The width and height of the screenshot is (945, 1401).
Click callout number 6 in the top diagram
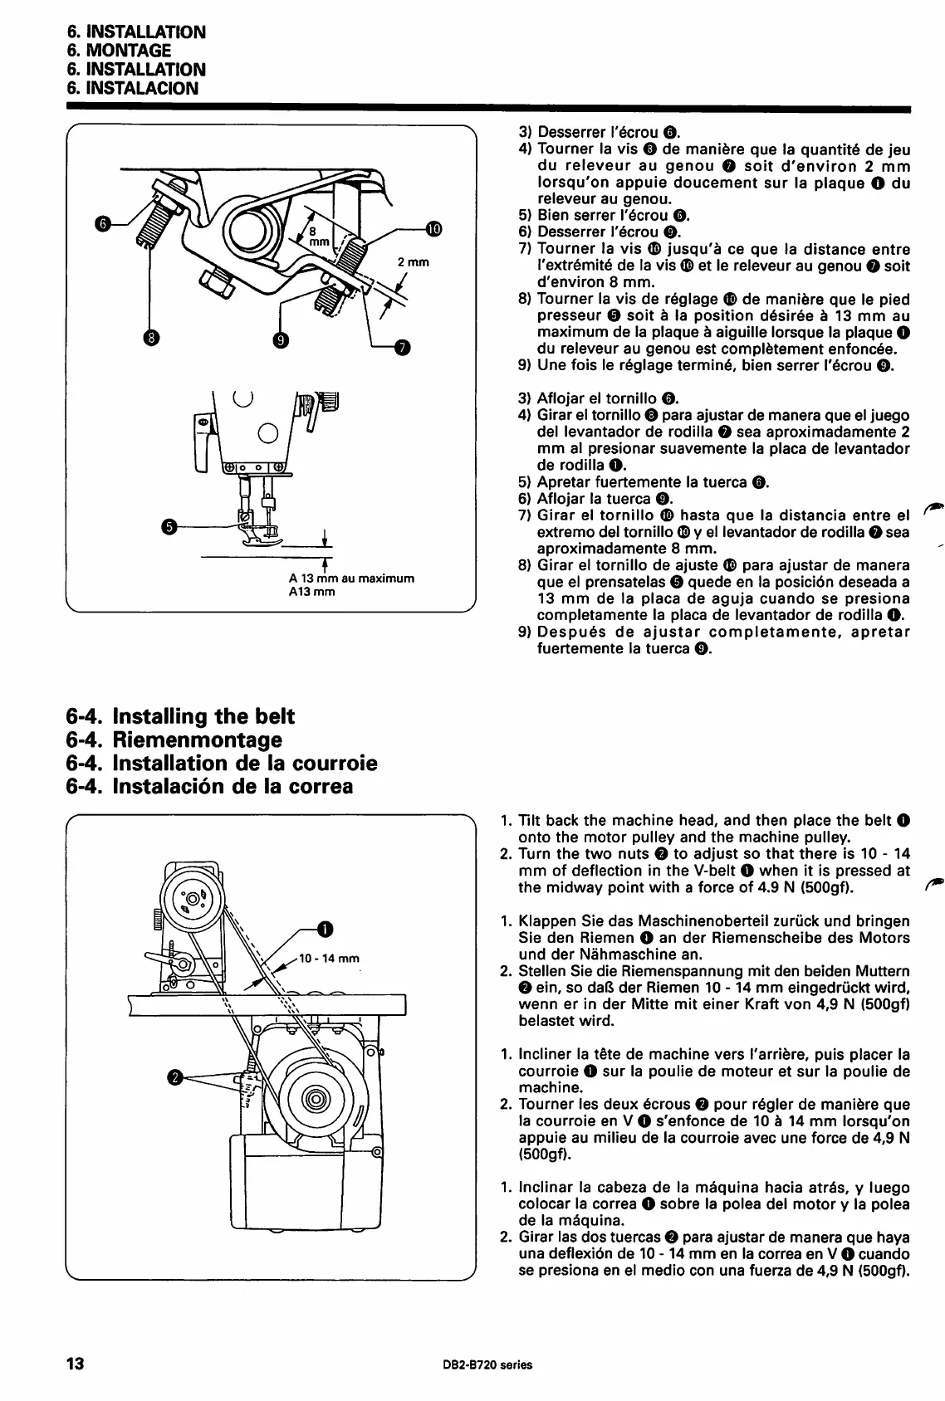click(102, 223)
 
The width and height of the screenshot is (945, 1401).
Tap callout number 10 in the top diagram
click(434, 229)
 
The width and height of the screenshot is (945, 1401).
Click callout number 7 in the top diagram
click(403, 347)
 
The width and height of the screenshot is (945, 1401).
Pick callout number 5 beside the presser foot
click(169, 526)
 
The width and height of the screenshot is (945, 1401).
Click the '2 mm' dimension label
click(413, 262)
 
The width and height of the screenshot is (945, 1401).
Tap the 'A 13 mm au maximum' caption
click(351, 578)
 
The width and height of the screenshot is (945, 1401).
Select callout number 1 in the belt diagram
click(325, 927)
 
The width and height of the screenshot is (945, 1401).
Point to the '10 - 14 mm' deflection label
click(329, 959)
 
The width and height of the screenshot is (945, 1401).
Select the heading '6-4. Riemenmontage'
click(174, 740)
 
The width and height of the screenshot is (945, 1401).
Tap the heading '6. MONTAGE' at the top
click(119, 51)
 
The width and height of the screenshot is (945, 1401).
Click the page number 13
click(76, 1364)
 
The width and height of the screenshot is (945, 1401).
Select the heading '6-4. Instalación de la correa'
click(209, 785)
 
